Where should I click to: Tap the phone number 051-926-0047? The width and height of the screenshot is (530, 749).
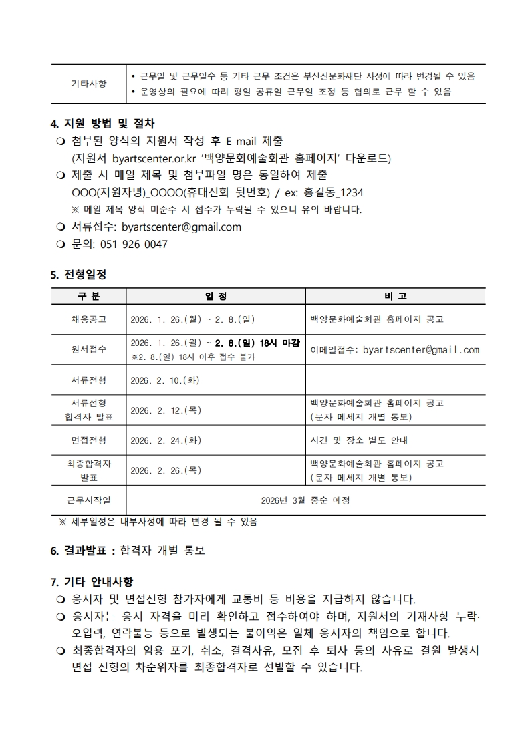[x=134, y=244]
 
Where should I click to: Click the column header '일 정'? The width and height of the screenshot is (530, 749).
[x=215, y=296]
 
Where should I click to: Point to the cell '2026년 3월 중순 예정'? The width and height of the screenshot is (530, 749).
[x=305, y=500]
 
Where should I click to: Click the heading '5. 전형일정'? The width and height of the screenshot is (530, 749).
[x=78, y=275]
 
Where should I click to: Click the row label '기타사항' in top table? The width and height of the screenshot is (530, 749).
[x=88, y=84]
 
